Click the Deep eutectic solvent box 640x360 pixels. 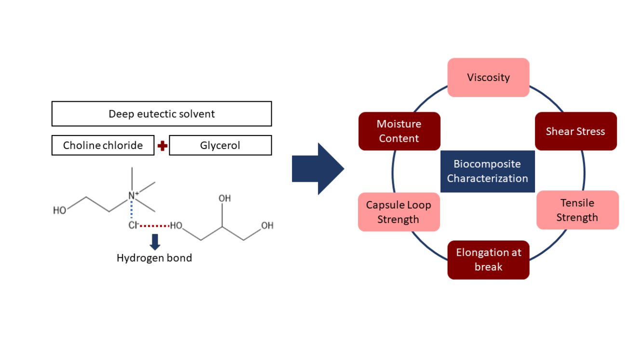161,114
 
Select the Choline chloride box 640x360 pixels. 103,145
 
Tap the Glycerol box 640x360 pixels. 220,145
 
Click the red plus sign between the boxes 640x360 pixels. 162,146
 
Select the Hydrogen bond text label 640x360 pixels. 154,258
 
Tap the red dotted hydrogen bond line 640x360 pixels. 155,225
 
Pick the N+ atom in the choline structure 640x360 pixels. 133,196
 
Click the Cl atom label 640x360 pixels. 133,225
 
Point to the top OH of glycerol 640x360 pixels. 225,199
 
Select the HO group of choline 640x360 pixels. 60,210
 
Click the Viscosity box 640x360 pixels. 488,78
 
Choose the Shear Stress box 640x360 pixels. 575,131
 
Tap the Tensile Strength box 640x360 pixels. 577,210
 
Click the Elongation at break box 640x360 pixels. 488,260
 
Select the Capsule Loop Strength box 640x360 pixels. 399,212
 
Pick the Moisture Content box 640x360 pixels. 399,131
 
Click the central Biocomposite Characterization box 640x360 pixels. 487,171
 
